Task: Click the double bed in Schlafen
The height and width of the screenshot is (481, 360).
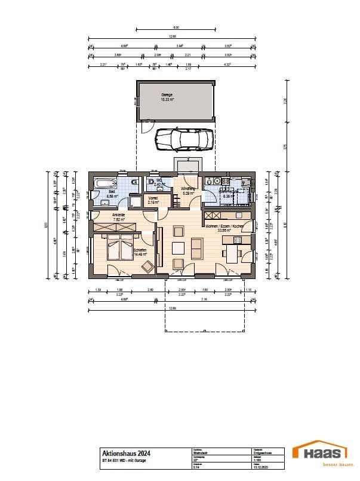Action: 120,247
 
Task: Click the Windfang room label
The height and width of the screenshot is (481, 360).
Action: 189,189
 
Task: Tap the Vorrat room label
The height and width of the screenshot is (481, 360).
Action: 152,199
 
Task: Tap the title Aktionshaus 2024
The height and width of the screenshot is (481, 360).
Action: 122,454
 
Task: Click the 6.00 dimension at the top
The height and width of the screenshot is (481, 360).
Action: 176,27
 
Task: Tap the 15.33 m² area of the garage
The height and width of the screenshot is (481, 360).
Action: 167,100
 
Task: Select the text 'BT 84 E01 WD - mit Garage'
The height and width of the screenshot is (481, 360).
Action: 124,460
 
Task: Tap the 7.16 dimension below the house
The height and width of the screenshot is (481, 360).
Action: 204,299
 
